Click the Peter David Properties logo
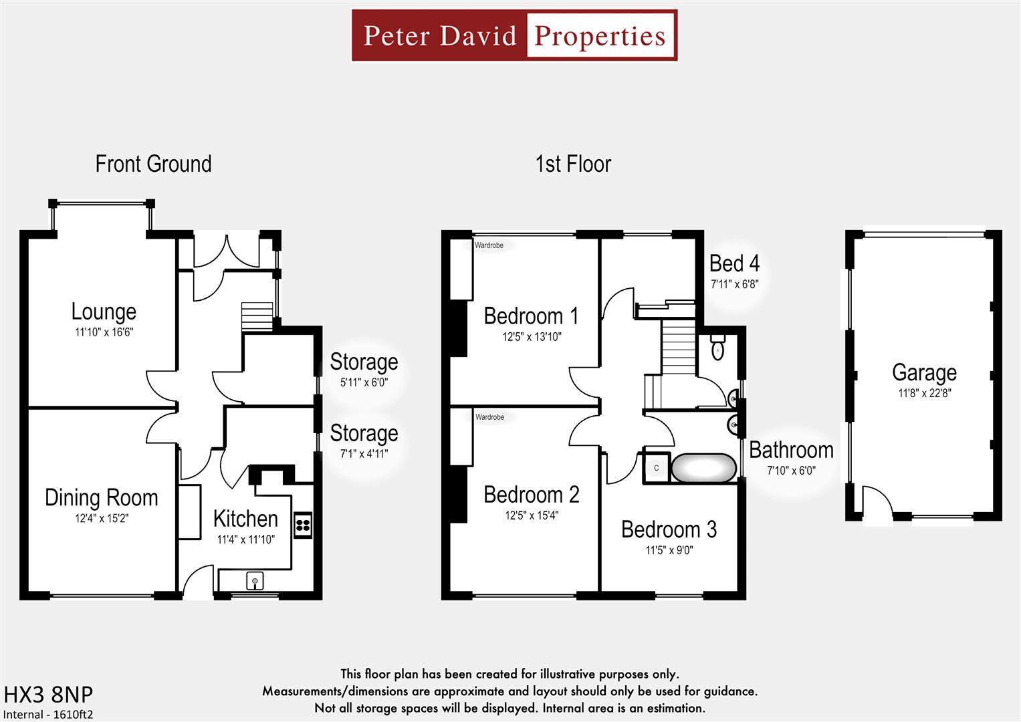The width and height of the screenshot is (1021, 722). pyautogui.click(x=514, y=35)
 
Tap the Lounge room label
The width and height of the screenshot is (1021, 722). pyautogui.click(x=104, y=312)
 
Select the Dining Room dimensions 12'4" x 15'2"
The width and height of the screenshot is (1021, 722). pyautogui.click(x=102, y=518)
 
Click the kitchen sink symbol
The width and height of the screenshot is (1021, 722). pyautogui.click(x=255, y=581)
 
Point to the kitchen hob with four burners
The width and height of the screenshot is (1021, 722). pyautogui.click(x=302, y=524)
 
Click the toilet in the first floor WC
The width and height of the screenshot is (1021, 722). pyautogui.click(x=717, y=348)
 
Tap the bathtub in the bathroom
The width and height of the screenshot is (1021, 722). pyautogui.click(x=703, y=468)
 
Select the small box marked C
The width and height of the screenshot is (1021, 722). pyautogui.click(x=656, y=468)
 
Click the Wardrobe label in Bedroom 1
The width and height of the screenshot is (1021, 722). pyautogui.click(x=489, y=245)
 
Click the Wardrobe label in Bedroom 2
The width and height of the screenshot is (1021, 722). pyautogui.click(x=489, y=417)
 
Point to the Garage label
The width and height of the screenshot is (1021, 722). pyautogui.click(x=924, y=372)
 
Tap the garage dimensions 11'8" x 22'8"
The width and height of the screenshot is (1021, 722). pyautogui.click(x=924, y=393)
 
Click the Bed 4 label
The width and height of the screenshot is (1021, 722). pyautogui.click(x=734, y=263)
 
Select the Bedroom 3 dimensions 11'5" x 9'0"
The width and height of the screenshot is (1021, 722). pyautogui.click(x=669, y=550)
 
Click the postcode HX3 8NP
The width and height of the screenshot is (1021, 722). pyautogui.click(x=49, y=695)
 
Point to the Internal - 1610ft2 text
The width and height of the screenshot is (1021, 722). pyautogui.click(x=47, y=714)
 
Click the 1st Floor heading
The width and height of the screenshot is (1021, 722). pyautogui.click(x=573, y=164)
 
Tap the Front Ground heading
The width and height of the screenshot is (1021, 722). pyautogui.click(x=153, y=164)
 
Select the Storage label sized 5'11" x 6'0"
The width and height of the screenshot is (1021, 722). pyautogui.click(x=364, y=362)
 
